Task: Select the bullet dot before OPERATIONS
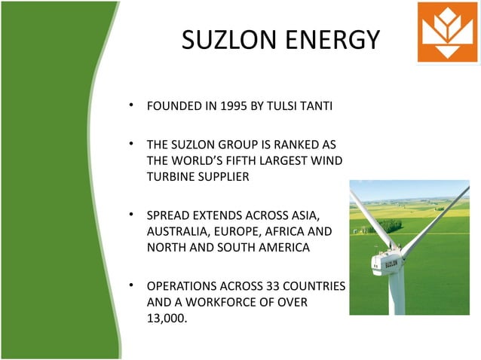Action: point(131,287)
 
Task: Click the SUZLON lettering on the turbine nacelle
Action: point(391,264)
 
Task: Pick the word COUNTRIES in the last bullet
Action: point(316,288)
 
